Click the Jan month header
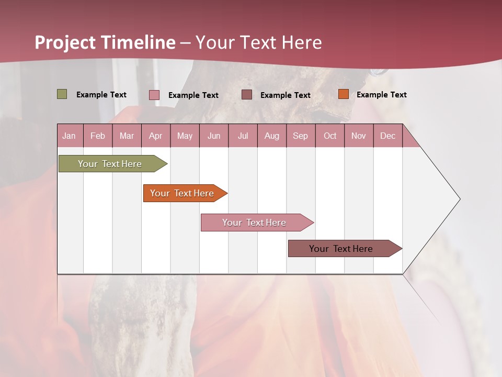(x=70, y=136)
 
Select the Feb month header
(x=98, y=136)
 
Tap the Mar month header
(x=127, y=136)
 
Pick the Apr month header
(x=156, y=136)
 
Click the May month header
(x=185, y=136)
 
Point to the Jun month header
(x=214, y=136)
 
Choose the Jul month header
(x=243, y=136)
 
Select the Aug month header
(x=272, y=136)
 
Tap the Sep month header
(x=301, y=136)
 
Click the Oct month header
(x=330, y=136)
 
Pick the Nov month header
(x=359, y=136)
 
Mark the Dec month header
(x=388, y=136)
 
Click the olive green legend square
(x=62, y=94)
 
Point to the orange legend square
(x=344, y=94)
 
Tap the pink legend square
(x=154, y=95)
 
